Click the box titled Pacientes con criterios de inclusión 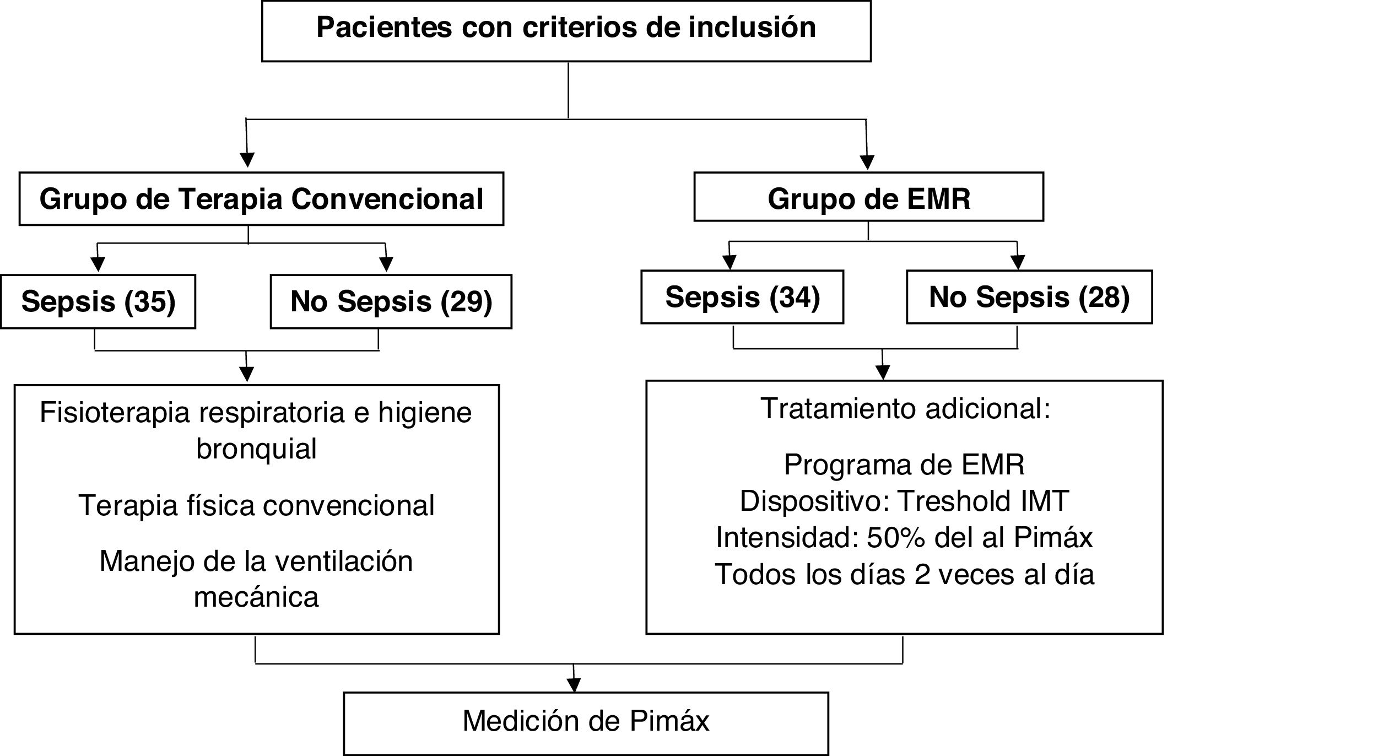[x=566, y=30]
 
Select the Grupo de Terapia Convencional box [x=261, y=199]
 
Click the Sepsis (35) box [x=98, y=301]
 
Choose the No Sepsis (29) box [x=391, y=301]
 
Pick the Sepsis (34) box [x=742, y=297]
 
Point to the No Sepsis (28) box [x=1029, y=297]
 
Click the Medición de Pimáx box [x=586, y=722]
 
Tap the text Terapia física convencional [x=257, y=505]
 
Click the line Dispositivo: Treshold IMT [x=904, y=501]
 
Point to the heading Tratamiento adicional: [x=905, y=409]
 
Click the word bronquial [x=257, y=449]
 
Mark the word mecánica [x=256, y=597]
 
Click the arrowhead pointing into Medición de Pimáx [x=574, y=685]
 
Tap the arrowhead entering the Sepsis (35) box [x=98, y=265]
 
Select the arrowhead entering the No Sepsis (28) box [x=1018, y=263]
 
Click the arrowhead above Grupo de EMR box [x=867, y=163]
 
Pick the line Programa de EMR [x=904, y=465]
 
